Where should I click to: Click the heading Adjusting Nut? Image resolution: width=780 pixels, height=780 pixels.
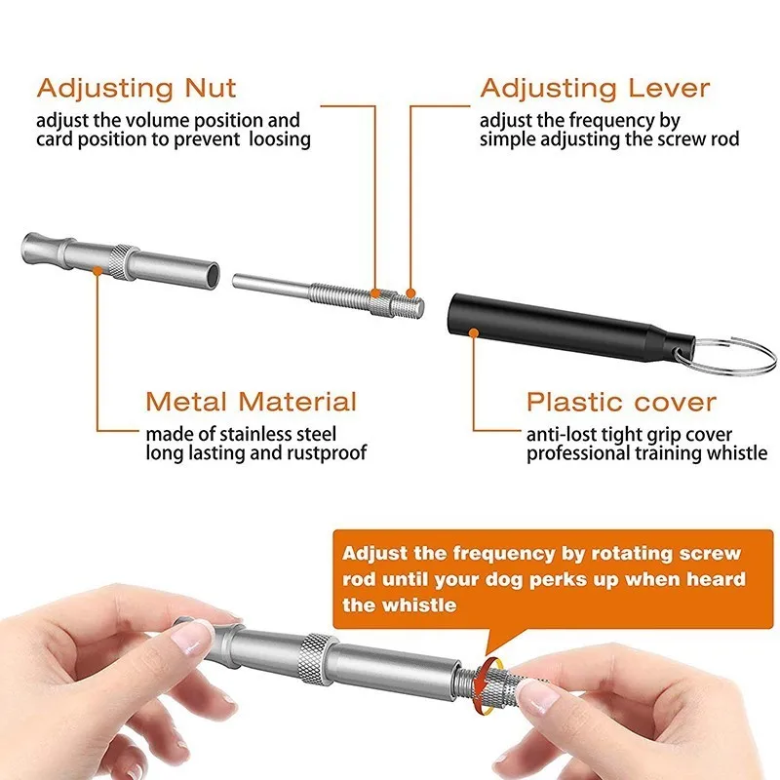click(x=136, y=88)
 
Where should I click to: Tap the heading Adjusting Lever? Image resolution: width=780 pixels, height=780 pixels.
click(x=595, y=88)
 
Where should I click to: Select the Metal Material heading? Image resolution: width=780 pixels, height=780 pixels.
click(x=252, y=401)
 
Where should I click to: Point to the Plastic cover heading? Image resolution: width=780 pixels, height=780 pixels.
click(x=621, y=401)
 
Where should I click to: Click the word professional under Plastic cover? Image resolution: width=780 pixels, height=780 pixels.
click(x=577, y=453)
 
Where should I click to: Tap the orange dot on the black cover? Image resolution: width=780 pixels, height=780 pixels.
click(x=474, y=332)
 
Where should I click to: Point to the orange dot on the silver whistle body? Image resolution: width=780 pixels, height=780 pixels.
click(x=97, y=274)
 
